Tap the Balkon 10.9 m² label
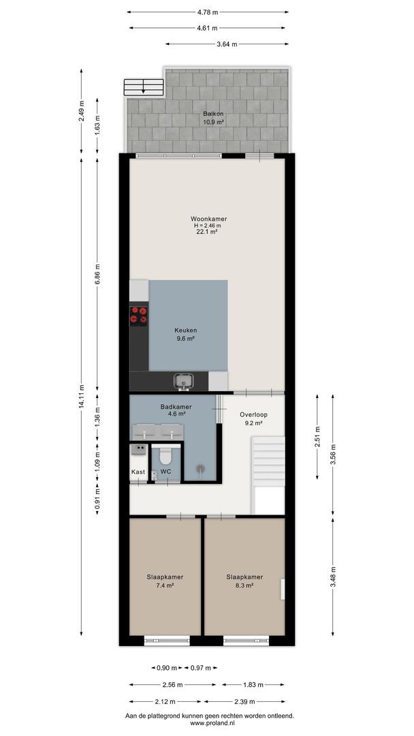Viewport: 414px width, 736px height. [213, 118]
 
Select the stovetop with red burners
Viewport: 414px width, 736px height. [138, 315]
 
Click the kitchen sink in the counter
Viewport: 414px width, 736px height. [184, 382]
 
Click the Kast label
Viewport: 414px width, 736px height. [138, 472]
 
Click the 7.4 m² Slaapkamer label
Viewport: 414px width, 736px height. [165, 581]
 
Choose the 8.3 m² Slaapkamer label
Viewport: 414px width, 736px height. [244, 581]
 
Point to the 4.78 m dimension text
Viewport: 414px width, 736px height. [207, 12]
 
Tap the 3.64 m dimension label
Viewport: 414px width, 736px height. [227, 44]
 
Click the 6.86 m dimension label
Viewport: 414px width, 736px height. [97, 274]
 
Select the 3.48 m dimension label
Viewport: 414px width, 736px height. [333, 577]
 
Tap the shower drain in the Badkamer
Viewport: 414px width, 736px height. [201, 468]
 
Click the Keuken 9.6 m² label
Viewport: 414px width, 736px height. [185, 334]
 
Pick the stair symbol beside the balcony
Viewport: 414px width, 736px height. [144, 87]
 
